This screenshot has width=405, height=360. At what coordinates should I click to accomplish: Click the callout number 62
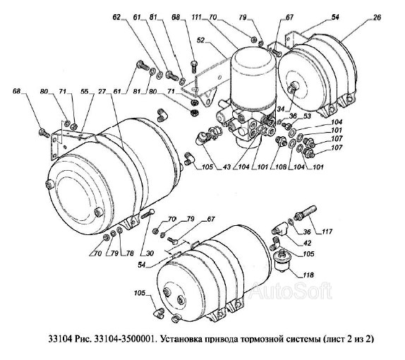[x=116, y=17]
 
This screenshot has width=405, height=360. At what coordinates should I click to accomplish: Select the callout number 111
[x=197, y=17]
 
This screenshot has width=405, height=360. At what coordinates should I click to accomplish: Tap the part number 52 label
[x=200, y=40]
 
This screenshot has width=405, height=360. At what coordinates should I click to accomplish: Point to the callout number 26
[x=377, y=18]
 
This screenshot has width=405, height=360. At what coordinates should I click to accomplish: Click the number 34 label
[x=281, y=109]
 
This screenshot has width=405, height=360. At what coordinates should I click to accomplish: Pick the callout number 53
[x=308, y=116]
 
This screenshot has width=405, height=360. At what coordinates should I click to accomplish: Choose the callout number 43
[x=226, y=167]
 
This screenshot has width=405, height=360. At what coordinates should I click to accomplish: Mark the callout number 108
[x=281, y=167]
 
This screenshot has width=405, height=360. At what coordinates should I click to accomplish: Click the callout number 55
[x=85, y=92]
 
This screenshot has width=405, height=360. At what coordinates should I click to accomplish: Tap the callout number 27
[x=102, y=92]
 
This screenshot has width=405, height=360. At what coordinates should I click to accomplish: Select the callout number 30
[x=150, y=253]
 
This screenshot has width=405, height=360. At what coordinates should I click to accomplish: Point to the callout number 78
[x=130, y=253]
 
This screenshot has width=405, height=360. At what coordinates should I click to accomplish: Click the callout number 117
[x=327, y=232]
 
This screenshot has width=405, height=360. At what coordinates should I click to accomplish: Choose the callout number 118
[x=308, y=275]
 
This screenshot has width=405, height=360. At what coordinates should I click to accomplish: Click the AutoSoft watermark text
[x=291, y=291]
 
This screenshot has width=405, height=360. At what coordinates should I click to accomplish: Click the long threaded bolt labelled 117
[x=306, y=212]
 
